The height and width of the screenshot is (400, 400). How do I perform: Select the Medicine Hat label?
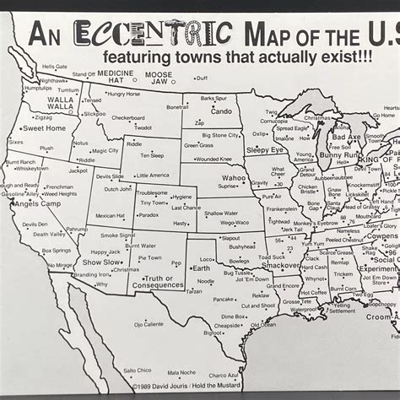coord(116,73)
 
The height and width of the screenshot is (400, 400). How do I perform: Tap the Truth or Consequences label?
coord(164,282)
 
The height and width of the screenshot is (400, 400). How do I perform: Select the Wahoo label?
coord(234,178)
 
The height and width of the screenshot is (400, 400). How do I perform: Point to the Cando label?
coord(221,111)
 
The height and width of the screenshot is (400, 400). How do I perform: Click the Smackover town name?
coord(280,265)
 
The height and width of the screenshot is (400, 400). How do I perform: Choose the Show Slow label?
coord(101,262)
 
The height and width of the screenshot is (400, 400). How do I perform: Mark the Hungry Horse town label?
coord(123,95)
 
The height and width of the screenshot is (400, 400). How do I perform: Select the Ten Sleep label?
coord(152,155)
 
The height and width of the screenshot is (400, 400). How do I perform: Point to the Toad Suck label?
coord(272,257)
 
